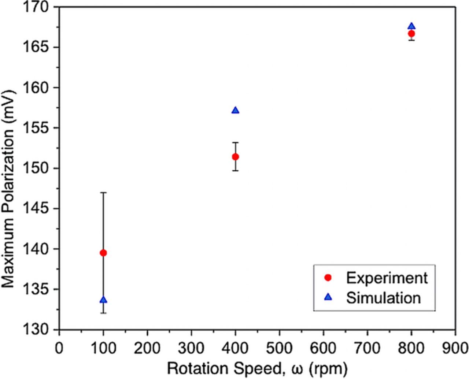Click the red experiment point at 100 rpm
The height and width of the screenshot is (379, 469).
[103, 253]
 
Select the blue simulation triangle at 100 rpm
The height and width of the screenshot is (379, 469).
[103, 300]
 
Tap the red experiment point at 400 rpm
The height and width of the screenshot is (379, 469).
[236, 157]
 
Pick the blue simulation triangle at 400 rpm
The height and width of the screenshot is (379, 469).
[236, 111]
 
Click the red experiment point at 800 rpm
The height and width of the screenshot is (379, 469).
[411, 34]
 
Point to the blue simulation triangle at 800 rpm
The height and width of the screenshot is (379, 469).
[411, 26]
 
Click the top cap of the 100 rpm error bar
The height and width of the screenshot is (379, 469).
[103, 192]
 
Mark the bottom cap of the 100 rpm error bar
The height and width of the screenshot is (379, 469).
[103, 313]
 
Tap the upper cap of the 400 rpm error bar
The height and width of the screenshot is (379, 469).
[236, 142]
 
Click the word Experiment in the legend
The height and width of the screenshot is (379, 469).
[387, 278]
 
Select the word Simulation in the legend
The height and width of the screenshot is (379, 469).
[384, 297]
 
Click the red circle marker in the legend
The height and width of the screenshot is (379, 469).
[328, 278]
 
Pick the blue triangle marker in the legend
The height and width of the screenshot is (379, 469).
[328, 297]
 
